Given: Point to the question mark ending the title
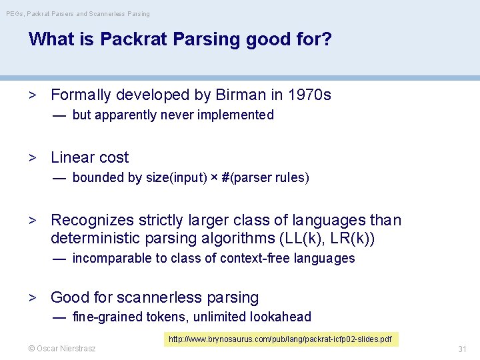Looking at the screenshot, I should (x=327, y=39).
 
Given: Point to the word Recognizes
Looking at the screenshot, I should (x=93, y=221).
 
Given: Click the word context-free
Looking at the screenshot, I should (x=250, y=259).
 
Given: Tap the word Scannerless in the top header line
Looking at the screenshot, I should (x=105, y=13).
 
